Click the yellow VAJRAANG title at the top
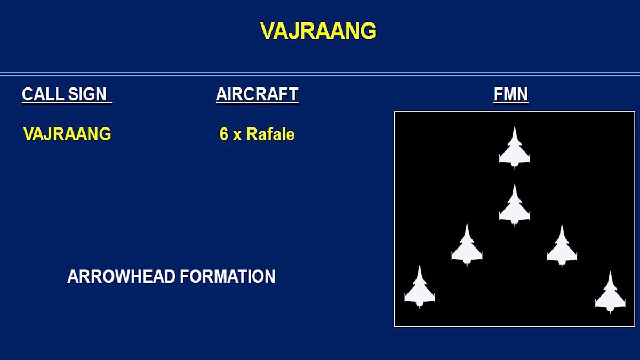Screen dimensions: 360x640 [x=318, y=31]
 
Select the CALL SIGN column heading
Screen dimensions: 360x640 [x=66, y=94]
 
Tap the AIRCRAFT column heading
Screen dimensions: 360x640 [x=257, y=94]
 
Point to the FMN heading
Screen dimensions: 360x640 [x=510, y=94]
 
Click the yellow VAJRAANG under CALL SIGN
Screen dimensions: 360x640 [x=67, y=134]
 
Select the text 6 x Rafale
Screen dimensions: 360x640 [x=257, y=134]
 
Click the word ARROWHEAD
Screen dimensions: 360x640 [x=121, y=276]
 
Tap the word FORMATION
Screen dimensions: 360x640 [x=227, y=276]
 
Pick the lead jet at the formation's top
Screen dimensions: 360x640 [x=514, y=149]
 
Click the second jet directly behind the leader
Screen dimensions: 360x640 [x=514, y=207]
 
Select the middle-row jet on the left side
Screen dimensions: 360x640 [x=467, y=246]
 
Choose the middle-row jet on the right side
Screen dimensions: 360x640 [x=562, y=247]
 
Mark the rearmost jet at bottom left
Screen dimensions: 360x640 [x=419, y=289]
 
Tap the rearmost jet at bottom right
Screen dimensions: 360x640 [x=610, y=294]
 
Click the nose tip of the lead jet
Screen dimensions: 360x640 [x=514, y=128]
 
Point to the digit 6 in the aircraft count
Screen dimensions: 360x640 [x=224, y=134]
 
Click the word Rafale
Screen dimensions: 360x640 [x=270, y=134]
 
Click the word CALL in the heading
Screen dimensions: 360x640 [x=42, y=94]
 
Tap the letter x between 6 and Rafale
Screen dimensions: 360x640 [x=237, y=135]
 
